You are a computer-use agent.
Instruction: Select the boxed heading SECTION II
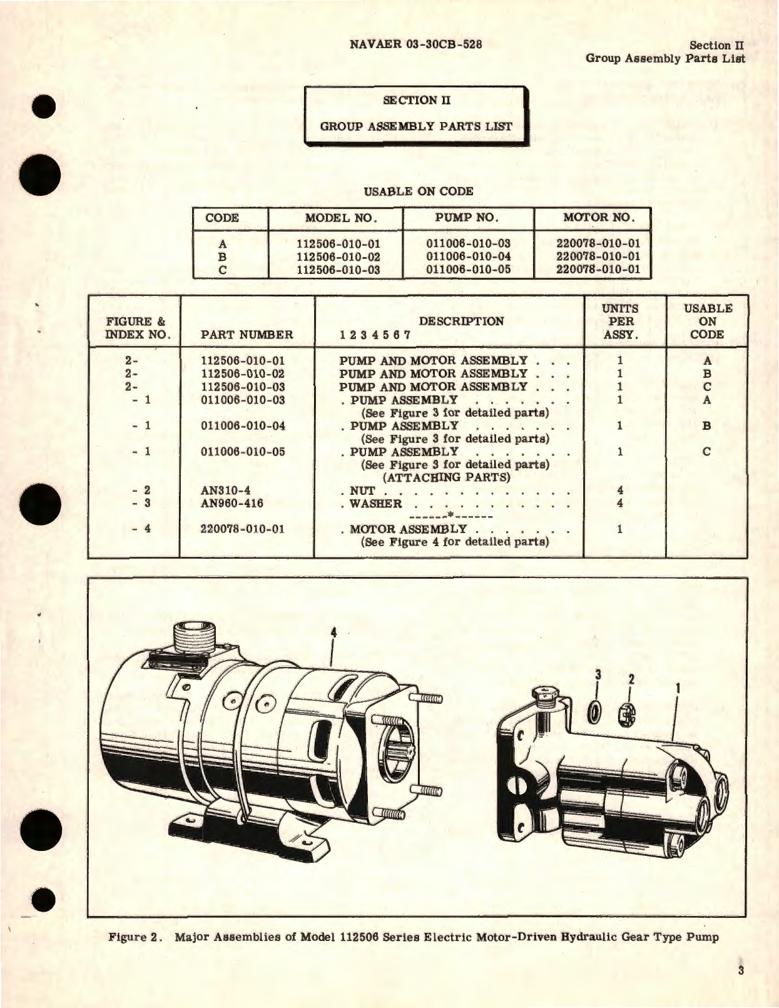coord(416,100)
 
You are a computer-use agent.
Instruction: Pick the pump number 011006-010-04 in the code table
coord(468,257)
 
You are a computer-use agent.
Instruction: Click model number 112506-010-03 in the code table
coord(338,270)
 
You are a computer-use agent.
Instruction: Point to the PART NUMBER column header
coord(247,335)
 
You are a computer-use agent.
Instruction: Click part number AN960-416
coord(232,504)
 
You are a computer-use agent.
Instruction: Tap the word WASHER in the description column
coord(375,504)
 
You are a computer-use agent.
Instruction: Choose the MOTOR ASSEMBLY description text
coord(408,529)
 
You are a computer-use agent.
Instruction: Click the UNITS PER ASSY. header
coord(620,322)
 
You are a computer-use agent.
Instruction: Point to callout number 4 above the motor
coord(333,634)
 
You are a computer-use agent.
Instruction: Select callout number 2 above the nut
coord(631,679)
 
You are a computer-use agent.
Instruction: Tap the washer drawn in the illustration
coord(595,712)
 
